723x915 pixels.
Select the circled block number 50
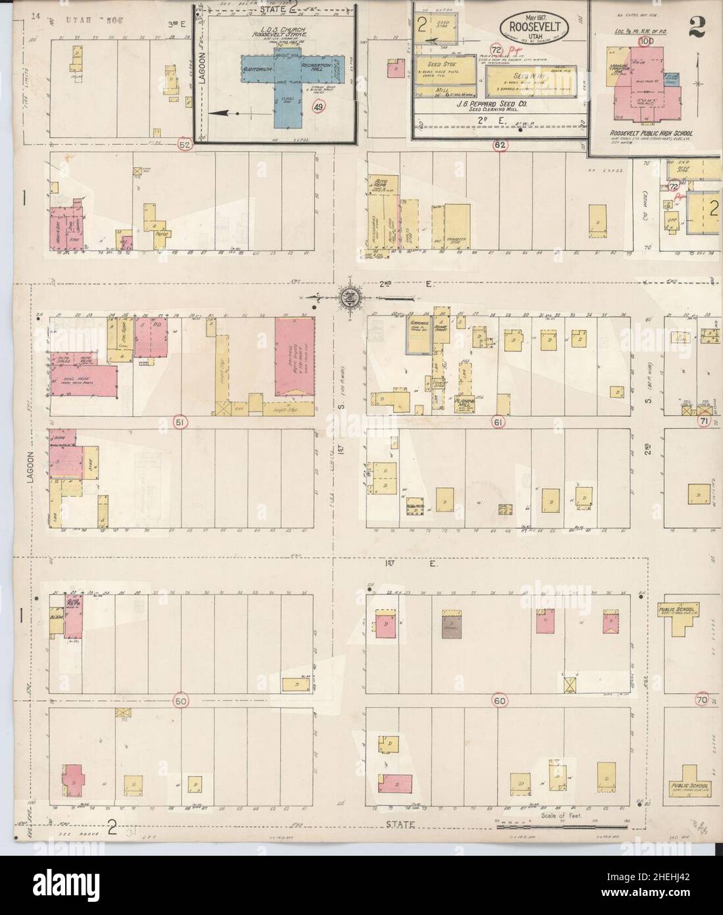coord(180,702)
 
